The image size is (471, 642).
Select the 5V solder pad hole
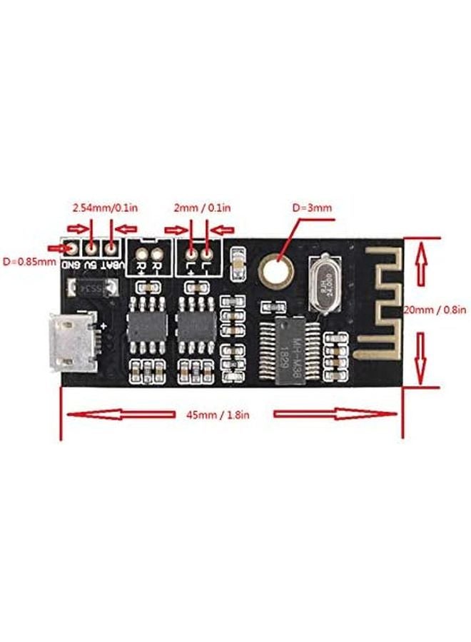pyautogui.click(x=91, y=248)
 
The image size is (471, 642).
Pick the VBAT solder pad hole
pyautogui.click(x=111, y=248)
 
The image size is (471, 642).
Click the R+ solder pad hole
pyautogui.click(x=143, y=253)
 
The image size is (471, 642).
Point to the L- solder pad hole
pyautogui.click(x=208, y=253)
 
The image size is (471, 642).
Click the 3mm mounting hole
pyautogui.click(x=275, y=268)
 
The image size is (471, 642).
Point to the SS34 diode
pyautogui.click(x=92, y=288)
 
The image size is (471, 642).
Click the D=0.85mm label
pyautogui.click(x=29, y=261)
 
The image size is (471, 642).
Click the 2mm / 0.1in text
pyautogui.click(x=202, y=208)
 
